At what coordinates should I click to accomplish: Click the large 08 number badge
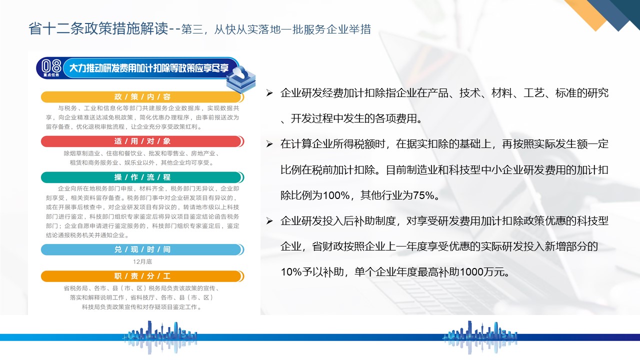point(51,66)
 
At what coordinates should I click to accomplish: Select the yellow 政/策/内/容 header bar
point(142,97)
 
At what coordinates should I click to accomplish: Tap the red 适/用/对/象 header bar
point(142,141)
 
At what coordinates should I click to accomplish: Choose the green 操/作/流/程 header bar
point(142,177)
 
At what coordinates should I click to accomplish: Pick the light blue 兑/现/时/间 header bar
point(142,249)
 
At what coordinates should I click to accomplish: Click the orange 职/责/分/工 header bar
point(142,276)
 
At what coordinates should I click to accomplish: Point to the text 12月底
point(142,261)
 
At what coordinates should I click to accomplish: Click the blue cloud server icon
point(241,79)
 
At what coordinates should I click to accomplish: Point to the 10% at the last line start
point(291,271)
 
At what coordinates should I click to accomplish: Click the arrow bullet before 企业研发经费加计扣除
point(269,93)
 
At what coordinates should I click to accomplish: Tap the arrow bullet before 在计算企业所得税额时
point(269,143)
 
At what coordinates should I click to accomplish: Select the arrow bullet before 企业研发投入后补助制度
point(269,220)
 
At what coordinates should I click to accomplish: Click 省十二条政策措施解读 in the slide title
point(98,29)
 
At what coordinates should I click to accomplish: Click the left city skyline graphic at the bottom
point(160,337)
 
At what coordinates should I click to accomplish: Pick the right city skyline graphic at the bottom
point(480,337)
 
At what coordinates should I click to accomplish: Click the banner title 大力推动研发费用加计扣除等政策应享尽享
point(149,68)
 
